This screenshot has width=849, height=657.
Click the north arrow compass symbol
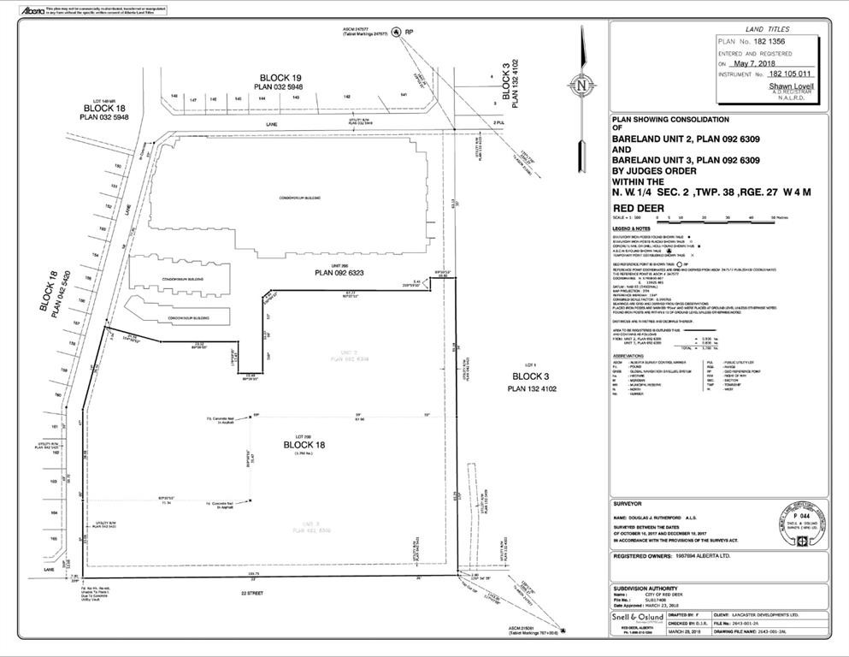581,86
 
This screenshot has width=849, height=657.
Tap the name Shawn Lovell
791,86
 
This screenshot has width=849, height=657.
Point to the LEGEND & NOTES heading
632,229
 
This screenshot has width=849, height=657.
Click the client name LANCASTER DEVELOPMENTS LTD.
749,613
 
